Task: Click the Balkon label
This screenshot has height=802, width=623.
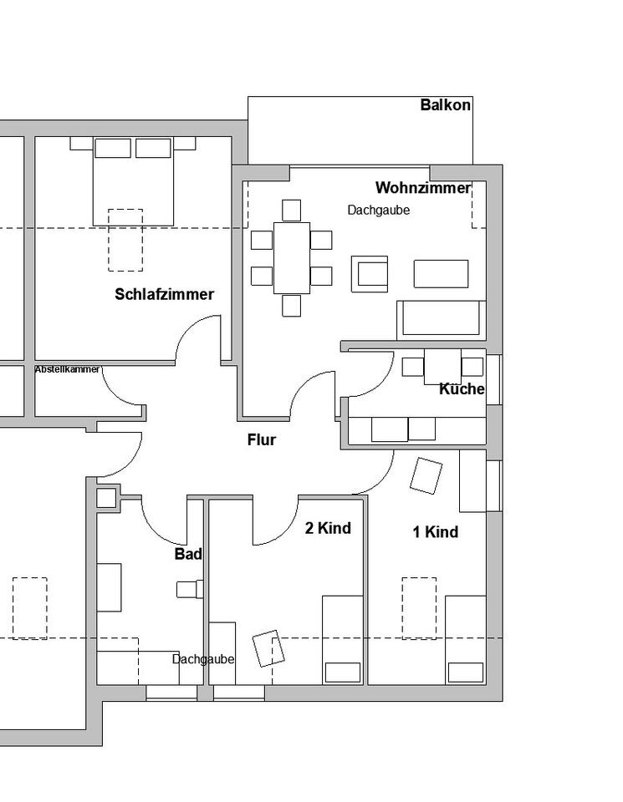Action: (x=445, y=105)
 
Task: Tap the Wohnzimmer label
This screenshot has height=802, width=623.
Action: (x=422, y=188)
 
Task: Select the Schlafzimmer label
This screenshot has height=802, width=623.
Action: (x=164, y=294)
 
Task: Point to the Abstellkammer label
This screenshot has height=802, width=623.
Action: (x=67, y=369)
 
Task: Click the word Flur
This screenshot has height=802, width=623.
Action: (x=261, y=439)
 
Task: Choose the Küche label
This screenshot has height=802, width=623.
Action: (x=462, y=389)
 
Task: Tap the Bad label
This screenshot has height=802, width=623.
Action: (x=188, y=554)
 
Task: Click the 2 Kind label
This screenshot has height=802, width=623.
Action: (x=328, y=528)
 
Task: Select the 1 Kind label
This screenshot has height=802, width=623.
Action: (x=435, y=532)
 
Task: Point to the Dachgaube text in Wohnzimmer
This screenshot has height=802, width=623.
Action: (x=379, y=211)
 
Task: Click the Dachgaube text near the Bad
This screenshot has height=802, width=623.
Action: (x=203, y=659)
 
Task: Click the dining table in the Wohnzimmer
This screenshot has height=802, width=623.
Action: (x=291, y=257)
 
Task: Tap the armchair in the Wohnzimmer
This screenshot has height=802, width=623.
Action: (x=369, y=274)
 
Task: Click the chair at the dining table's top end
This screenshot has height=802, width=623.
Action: (x=291, y=210)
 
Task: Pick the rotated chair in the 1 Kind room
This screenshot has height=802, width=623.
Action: (x=426, y=475)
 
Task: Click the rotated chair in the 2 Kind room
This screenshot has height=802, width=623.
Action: (x=268, y=647)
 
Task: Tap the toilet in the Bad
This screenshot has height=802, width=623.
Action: (x=187, y=589)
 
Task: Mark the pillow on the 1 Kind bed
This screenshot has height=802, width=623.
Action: (x=465, y=672)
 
